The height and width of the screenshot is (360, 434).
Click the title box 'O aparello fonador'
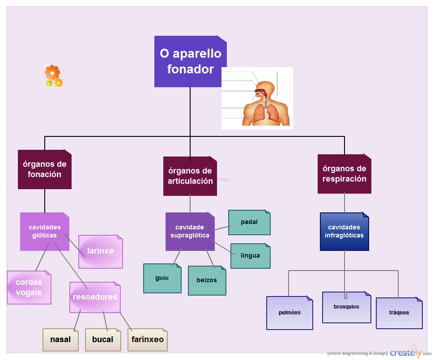point(190,61)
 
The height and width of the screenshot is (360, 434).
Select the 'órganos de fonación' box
point(45,169)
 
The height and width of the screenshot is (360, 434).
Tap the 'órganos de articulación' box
point(190,176)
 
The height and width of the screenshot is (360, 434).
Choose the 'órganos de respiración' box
point(345,174)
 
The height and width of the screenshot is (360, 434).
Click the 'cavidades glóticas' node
point(44,231)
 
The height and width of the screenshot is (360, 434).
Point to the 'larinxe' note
point(101,251)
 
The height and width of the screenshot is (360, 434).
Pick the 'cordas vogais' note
point(29,288)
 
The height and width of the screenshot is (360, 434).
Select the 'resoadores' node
point(95,297)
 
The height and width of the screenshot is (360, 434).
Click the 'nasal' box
point(60,340)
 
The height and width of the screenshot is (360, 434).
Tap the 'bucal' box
point(103,340)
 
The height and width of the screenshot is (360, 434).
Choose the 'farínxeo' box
point(148,340)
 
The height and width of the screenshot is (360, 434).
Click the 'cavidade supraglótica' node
point(190,231)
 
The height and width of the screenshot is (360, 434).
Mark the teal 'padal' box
point(249,222)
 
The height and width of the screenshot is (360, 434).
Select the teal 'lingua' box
point(250,256)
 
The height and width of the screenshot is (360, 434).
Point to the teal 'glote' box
point(162,278)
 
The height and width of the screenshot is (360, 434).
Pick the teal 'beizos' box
point(207,280)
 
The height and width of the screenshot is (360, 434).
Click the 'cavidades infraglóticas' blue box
point(345,231)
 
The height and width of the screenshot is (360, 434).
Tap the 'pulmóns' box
point(289,313)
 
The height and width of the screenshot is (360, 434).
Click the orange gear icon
point(52,72)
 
